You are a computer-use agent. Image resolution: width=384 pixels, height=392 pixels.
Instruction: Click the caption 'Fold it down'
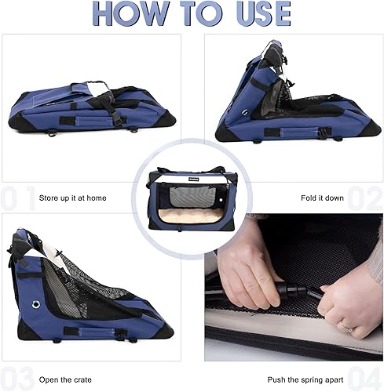(322, 198)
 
